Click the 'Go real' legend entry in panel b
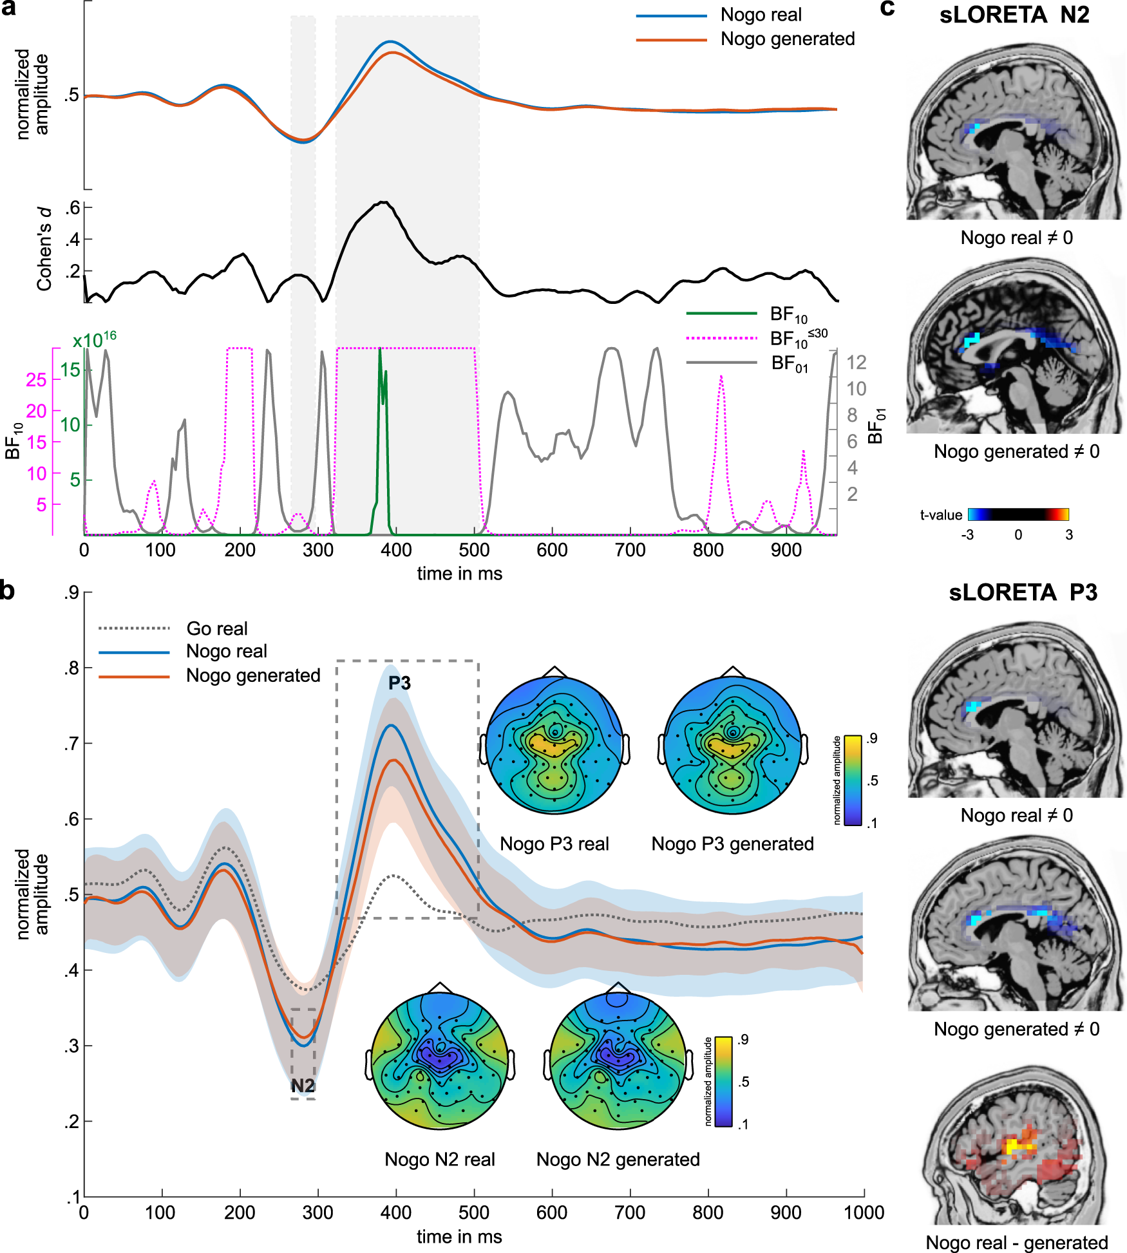point(216,628)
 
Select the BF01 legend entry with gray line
point(789,364)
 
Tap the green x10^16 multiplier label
point(94,339)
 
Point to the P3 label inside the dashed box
point(399,683)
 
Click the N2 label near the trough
point(303,1086)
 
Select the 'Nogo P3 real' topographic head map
point(554,745)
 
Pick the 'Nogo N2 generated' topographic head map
point(618,1061)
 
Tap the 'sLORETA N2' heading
point(1014,15)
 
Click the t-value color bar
point(1018,514)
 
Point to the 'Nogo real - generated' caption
point(1016,1242)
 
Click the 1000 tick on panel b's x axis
point(864,1213)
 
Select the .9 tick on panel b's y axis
point(71,592)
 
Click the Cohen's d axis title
point(44,249)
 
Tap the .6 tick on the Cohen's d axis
point(73,207)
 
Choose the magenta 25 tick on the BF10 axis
point(36,380)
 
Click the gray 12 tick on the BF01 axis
point(856,363)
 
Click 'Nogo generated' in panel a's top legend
point(787,39)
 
